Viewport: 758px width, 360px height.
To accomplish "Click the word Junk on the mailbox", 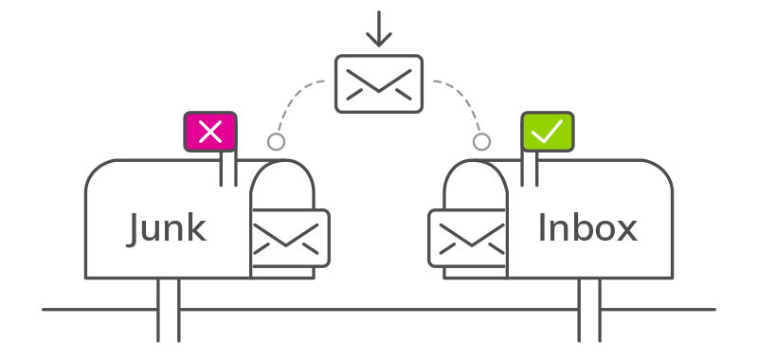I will [x=167, y=228].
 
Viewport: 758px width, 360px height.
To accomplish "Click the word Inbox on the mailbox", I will [x=587, y=228].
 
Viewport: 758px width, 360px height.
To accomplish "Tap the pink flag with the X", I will [x=210, y=133].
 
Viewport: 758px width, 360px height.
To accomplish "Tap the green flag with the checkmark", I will [x=547, y=133].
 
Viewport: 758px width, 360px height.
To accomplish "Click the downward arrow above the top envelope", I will [x=379, y=28].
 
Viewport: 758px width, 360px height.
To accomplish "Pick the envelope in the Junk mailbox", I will [x=289, y=236].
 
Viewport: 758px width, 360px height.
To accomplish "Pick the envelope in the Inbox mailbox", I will [x=469, y=236].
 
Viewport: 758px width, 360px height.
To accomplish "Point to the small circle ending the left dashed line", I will [x=276, y=142].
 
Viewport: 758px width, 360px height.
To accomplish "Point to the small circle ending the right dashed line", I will [x=481, y=142].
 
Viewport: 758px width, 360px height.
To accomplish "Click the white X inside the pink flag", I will [x=210, y=133].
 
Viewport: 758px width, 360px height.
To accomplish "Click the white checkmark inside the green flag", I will [x=547, y=133].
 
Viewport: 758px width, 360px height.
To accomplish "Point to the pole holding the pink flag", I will [x=228, y=169].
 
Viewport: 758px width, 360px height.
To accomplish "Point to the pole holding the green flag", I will [x=529, y=169].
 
